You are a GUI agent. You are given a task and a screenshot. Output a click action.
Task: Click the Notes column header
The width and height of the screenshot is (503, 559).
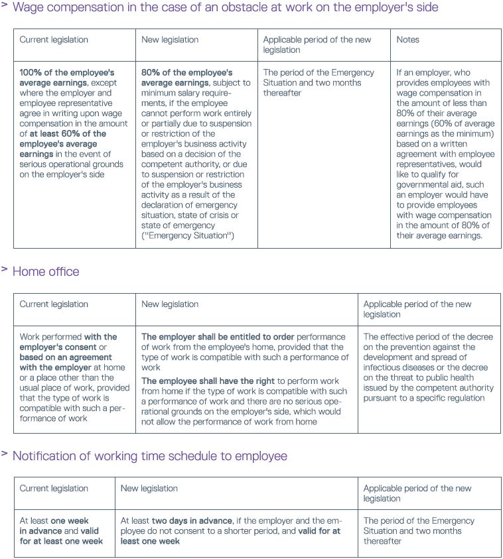point(407,40)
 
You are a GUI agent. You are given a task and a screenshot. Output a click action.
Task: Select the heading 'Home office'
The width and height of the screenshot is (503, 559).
point(46,272)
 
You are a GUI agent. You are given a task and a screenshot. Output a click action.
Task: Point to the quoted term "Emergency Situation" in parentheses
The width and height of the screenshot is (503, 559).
point(188,236)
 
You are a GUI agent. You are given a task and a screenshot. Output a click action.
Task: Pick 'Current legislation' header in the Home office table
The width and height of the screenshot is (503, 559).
point(54,304)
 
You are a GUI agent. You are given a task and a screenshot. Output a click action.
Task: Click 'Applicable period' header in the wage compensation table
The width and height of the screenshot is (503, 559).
point(317,40)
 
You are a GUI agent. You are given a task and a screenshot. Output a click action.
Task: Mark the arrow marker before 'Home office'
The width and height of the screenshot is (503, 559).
point(5,269)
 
